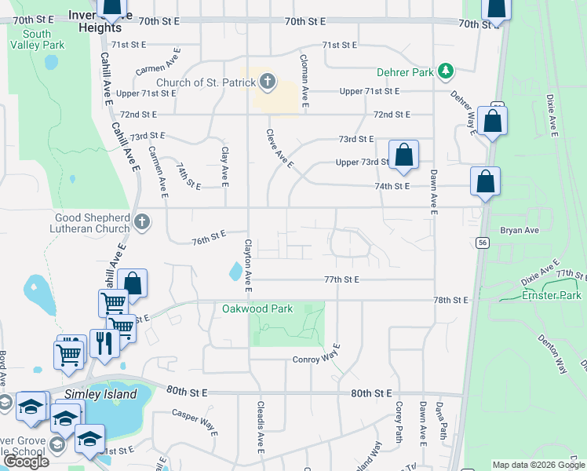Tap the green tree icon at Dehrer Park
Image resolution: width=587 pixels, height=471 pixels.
point(446,72)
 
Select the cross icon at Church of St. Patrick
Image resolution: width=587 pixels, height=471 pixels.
point(267,82)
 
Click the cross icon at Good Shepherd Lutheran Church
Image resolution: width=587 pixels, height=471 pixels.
point(141,221)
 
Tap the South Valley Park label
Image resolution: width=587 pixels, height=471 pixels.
point(37,39)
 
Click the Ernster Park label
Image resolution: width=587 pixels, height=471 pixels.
point(552,295)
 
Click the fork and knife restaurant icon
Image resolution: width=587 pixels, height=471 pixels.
point(103,342)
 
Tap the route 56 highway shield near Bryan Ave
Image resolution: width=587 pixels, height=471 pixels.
point(481,243)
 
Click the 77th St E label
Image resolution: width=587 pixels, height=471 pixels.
point(341,279)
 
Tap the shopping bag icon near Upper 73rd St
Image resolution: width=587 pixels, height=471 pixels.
point(403,155)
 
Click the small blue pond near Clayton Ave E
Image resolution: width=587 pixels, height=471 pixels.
point(236,272)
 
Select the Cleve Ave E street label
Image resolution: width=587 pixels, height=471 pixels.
point(279,149)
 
